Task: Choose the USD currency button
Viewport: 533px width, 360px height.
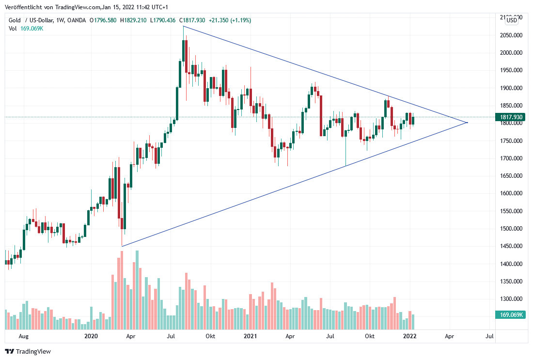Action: [512, 20]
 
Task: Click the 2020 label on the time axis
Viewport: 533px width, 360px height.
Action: [91, 336]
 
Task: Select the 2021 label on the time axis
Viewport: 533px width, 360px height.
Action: [250, 336]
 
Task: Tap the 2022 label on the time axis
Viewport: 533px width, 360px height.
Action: [410, 336]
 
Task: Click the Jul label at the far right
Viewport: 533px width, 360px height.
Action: [489, 336]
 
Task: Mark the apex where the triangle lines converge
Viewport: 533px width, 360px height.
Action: [467, 123]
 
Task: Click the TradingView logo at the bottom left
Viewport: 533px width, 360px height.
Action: [28, 351]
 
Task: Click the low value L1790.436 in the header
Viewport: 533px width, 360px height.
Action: [163, 20]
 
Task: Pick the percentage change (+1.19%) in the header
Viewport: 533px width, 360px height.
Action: [237, 20]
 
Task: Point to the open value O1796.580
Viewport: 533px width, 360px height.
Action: [103, 20]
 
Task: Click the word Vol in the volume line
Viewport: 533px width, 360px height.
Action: [13, 29]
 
